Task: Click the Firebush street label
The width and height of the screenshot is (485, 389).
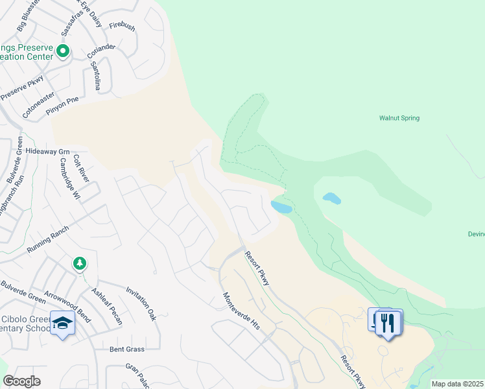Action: click(x=122, y=26)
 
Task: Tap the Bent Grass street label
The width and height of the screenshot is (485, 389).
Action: click(x=126, y=349)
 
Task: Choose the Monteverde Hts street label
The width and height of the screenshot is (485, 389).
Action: click(x=241, y=311)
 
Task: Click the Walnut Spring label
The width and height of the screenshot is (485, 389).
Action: click(x=399, y=118)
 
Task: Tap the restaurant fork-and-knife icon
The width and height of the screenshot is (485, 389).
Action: click(x=388, y=322)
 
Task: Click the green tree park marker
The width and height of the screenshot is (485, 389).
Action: click(x=79, y=263)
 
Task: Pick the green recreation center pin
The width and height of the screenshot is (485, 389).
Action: click(x=63, y=50)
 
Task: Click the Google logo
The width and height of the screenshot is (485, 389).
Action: click(x=21, y=381)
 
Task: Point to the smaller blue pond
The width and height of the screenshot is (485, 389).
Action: click(x=331, y=198)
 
